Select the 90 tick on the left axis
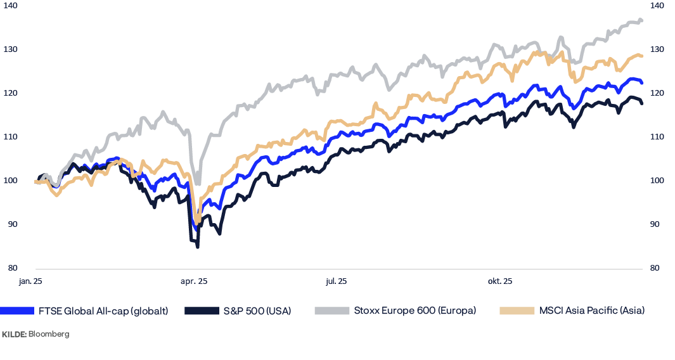pos(13,224)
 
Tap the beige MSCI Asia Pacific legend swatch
pos(517,311)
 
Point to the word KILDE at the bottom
pos(13,333)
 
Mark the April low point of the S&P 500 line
pos(198,247)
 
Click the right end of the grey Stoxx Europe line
pos(643,20)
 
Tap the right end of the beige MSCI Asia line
pos(643,56)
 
